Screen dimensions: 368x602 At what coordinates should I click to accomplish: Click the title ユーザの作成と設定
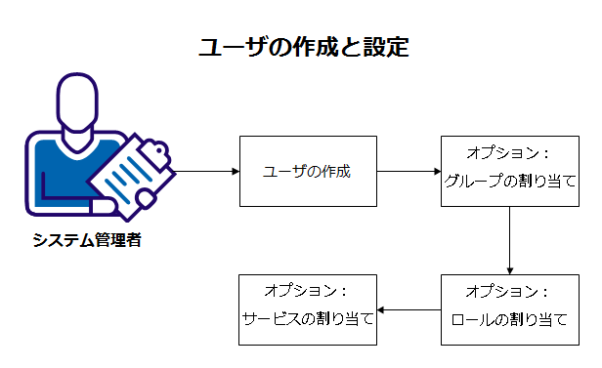301,46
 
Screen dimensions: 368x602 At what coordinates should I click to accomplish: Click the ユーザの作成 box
308,171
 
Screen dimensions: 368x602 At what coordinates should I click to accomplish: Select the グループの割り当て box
509,171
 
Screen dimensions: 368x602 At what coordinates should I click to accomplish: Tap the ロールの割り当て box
509,309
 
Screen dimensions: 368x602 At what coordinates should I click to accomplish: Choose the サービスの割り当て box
308,309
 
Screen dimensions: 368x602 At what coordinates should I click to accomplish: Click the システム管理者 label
86,240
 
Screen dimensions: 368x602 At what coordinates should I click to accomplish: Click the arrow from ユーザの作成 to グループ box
408,171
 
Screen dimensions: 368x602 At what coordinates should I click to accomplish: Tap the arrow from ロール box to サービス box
408,310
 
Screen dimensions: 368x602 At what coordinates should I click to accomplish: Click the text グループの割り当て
509,183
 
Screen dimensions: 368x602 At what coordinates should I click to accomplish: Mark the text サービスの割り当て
308,320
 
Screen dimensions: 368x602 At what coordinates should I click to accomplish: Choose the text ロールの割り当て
509,320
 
